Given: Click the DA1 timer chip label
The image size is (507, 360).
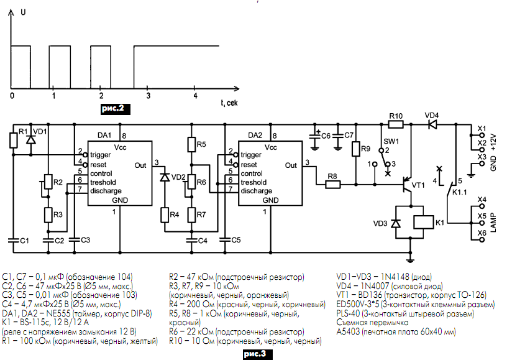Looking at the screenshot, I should pyautogui.click(x=103, y=135).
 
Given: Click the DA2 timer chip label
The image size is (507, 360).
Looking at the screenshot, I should pyautogui.click(x=255, y=135).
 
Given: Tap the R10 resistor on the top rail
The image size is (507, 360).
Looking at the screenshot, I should pyautogui.click(x=395, y=125).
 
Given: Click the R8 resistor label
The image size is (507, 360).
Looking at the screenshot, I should pyautogui.click(x=332, y=176).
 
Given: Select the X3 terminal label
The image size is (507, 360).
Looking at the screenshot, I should pyautogui.click(x=481, y=157).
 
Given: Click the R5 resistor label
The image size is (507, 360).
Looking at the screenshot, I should pyautogui.click(x=201, y=144).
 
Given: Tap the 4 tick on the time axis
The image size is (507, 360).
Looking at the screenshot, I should pyautogui.click(x=195, y=96).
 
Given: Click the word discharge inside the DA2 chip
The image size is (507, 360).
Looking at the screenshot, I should pyautogui.click(x=255, y=191).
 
